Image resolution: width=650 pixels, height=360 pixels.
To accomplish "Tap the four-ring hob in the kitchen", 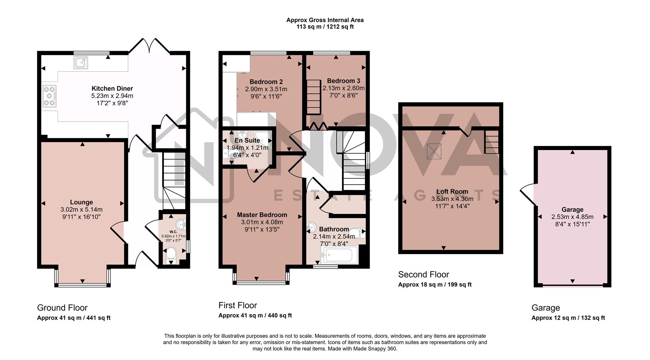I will tap(49, 97).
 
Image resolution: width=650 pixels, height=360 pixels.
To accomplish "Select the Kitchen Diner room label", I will tap(112, 89).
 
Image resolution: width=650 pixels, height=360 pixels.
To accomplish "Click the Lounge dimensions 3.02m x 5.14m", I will tap(82, 210).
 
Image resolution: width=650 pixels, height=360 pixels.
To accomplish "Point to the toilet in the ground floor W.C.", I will tap(171, 255).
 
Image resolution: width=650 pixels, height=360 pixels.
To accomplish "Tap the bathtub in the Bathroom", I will tap(340, 255).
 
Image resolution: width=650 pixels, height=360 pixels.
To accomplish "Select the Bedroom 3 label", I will tap(343, 81).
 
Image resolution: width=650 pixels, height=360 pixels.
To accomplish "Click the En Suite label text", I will tap(247, 141).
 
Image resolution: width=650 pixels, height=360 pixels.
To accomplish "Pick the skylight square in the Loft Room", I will tap(434, 151).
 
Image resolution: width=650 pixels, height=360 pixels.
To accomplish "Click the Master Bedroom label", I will tap(262, 215).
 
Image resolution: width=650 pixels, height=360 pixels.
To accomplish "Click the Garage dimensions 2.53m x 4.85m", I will tap(572, 217).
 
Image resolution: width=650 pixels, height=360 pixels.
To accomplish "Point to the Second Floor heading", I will tap(423, 275).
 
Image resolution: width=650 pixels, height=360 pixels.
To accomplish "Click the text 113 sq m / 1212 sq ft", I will tap(325, 27).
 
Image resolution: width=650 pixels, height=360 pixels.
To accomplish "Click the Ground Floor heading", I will tap(62, 308).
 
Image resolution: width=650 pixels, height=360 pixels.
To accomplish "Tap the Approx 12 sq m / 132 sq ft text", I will tap(568, 318).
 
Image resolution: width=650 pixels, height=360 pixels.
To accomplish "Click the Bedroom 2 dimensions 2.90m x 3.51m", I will tap(266, 89).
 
